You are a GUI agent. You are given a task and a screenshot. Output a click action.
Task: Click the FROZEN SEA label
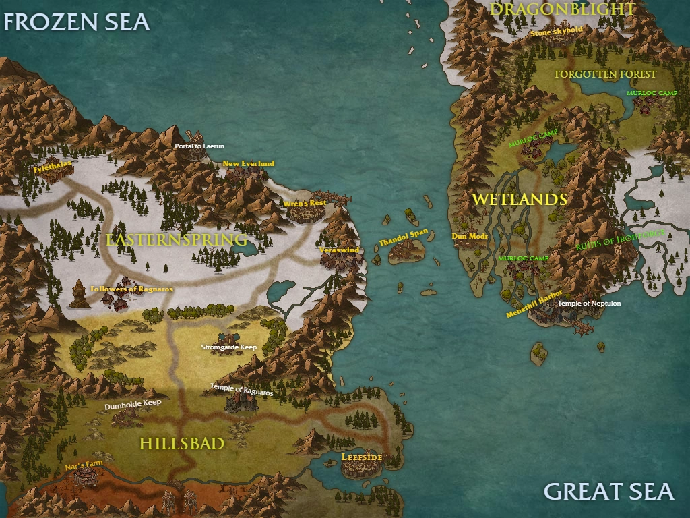[x=76, y=22]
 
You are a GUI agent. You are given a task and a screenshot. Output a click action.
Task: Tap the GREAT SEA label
[x=608, y=491]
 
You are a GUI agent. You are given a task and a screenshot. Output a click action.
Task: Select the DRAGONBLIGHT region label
[x=563, y=9]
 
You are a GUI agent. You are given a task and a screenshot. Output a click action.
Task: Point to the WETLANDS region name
[x=519, y=200]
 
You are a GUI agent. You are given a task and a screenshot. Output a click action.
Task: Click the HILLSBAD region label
[x=181, y=444]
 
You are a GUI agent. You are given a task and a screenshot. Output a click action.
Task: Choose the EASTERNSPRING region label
[x=177, y=240]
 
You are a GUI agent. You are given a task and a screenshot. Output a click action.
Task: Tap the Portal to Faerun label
[x=199, y=146]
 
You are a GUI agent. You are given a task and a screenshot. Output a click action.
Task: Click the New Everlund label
[x=249, y=163]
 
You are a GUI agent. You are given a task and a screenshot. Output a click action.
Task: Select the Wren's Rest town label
[x=305, y=203]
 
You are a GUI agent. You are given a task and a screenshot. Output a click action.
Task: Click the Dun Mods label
[x=470, y=237]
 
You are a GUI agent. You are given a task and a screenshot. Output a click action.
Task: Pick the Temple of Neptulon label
[x=589, y=304]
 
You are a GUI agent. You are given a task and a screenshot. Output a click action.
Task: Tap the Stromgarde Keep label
[x=229, y=347]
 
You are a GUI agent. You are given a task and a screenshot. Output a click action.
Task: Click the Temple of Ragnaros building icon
[x=241, y=403]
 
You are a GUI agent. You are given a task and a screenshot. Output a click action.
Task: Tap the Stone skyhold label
[x=557, y=31]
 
